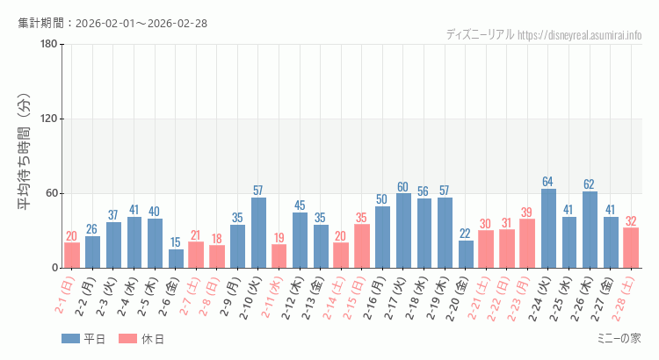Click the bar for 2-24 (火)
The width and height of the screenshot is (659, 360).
548,228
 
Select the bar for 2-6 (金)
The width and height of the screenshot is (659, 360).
176,258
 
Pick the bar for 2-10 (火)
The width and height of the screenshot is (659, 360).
258,233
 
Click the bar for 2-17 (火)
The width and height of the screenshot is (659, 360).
403,231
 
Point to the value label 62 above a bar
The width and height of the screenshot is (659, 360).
590,184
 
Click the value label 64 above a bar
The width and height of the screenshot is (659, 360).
548,182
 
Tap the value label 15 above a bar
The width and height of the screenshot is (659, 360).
176,242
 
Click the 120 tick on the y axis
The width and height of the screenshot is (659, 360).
49,119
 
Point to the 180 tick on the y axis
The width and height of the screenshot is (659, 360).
49,45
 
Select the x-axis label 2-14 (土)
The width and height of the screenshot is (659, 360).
337,299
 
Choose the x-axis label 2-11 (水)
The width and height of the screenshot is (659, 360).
275,299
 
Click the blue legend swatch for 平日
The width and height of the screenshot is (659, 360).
70,338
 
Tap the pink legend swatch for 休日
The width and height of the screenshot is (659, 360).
128,338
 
